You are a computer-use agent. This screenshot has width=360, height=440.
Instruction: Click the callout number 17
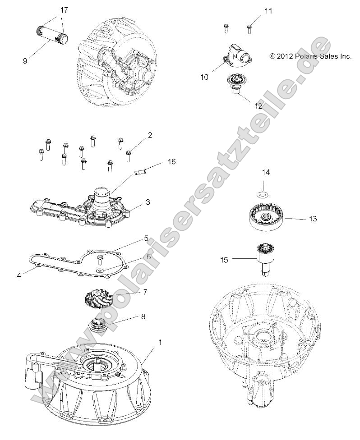[64, 9]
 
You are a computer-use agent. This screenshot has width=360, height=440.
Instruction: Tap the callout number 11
[268, 10]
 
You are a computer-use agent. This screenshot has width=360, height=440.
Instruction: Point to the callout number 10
[204, 77]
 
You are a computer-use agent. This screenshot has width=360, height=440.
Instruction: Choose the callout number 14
[266, 172]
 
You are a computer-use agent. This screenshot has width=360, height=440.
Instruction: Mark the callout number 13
[313, 219]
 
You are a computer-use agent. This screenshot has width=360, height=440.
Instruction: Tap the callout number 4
[19, 275]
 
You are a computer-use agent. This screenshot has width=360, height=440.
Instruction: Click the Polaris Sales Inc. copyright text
[310, 56]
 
